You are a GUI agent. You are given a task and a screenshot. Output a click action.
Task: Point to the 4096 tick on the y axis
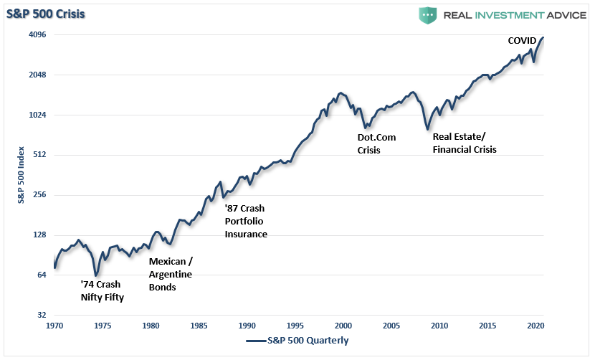point(37,34)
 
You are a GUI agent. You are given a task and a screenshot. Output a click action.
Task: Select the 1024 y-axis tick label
point(37,115)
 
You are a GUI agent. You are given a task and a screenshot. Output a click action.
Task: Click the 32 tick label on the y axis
point(42,315)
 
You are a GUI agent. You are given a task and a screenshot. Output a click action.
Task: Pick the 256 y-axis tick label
point(39,195)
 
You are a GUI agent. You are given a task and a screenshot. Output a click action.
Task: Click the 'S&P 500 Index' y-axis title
point(22,175)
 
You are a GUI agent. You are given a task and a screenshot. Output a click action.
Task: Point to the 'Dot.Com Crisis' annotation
point(376,143)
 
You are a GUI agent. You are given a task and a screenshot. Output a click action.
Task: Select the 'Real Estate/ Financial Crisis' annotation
point(465,143)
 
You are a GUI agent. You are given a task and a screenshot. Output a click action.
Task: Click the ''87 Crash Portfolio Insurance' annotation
point(246,222)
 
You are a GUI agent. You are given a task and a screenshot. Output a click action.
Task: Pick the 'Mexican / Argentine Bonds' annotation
point(171,274)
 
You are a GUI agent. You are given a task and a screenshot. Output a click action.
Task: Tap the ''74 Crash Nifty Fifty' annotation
point(102,291)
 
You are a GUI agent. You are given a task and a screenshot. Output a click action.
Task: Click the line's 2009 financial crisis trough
point(428,130)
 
